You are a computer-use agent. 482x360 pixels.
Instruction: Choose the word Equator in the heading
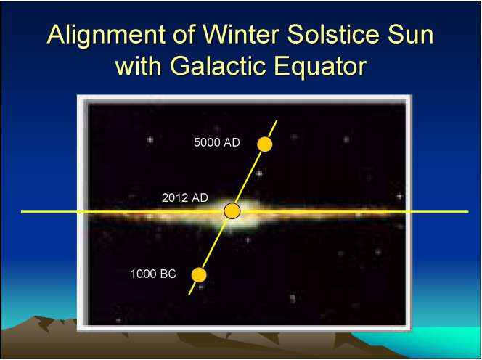[x=320, y=66]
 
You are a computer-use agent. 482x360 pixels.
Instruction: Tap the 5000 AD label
[x=217, y=142]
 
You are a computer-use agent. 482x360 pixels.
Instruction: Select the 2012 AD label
[x=185, y=197]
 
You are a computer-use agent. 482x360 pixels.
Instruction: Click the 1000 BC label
[x=153, y=274]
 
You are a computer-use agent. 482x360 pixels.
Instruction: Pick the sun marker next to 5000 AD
[x=265, y=144]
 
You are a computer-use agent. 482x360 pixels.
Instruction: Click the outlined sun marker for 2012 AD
[x=232, y=211]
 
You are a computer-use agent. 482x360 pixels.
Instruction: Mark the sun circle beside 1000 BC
[x=199, y=275]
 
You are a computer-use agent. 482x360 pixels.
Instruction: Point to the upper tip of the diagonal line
[x=277, y=120]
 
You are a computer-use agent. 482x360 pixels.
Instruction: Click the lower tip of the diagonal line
[x=189, y=295]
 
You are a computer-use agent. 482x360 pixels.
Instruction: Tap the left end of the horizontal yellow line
[x=21, y=212]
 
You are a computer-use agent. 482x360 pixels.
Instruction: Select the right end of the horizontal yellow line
[x=468, y=212]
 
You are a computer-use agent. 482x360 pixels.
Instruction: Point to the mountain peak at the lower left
[x=38, y=317]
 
